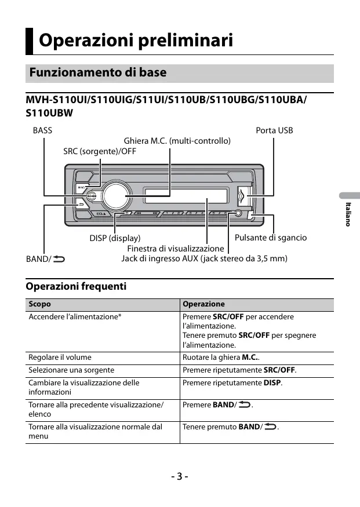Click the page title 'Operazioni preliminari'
(x=136, y=41)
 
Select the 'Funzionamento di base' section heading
(x=97, y=73)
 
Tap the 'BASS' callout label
(x=42, y=130)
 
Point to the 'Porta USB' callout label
(x=274, y=130)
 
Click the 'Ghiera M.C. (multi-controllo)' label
(x=177, y=141)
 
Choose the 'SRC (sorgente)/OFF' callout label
(x=100, y=152)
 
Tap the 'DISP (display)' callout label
(x=115, y=238)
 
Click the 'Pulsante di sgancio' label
(x=271, y=238)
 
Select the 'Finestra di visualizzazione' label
(x=175, y=249)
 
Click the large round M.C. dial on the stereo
(x=115, y=196)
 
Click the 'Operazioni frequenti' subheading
(x=76, y=286)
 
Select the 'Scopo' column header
(x=40, y=304)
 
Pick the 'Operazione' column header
(x=203, y=304)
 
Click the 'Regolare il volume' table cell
(x=60, y=358)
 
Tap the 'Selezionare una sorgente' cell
(x=71, y=370)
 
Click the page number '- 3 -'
(x=180, y=476)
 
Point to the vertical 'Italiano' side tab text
(x=348, y=214)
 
